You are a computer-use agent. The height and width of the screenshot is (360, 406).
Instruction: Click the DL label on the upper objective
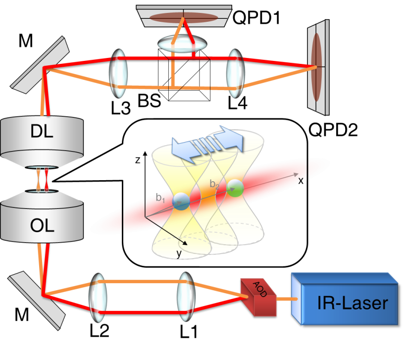click(x=42, y=132)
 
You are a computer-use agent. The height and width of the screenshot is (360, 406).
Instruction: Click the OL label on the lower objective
click(x=42, y=226)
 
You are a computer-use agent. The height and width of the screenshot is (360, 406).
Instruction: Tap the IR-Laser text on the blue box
click(x=353, y=303)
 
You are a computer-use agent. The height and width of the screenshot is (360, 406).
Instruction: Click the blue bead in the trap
click(x=182, y=201)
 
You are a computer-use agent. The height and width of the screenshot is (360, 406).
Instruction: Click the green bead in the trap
click(x=235, y=188)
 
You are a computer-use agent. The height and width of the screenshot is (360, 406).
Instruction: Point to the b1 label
click(x=160, y=198)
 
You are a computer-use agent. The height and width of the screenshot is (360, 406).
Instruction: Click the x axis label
click(x=300, y=181)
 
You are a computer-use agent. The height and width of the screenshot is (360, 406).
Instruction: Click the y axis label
click(x=178, y=254)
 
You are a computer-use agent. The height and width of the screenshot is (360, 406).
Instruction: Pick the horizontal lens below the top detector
click(x=182, y=44)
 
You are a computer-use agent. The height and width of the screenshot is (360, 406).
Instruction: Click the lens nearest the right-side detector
click(x=234, y=73)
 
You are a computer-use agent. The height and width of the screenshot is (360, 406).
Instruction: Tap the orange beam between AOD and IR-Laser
click(x=286, y=299)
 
